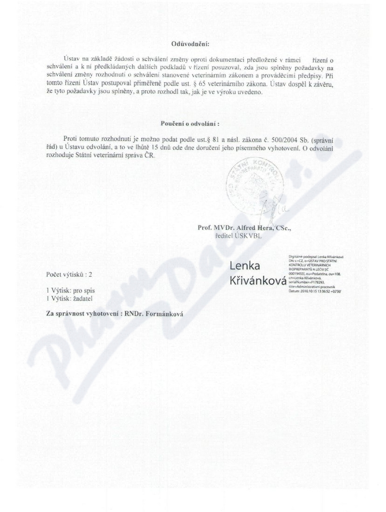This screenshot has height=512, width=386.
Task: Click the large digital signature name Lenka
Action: (245, 265)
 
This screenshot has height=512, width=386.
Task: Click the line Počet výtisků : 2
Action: (73, 275)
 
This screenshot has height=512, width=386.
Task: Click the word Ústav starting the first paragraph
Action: (63, 61)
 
